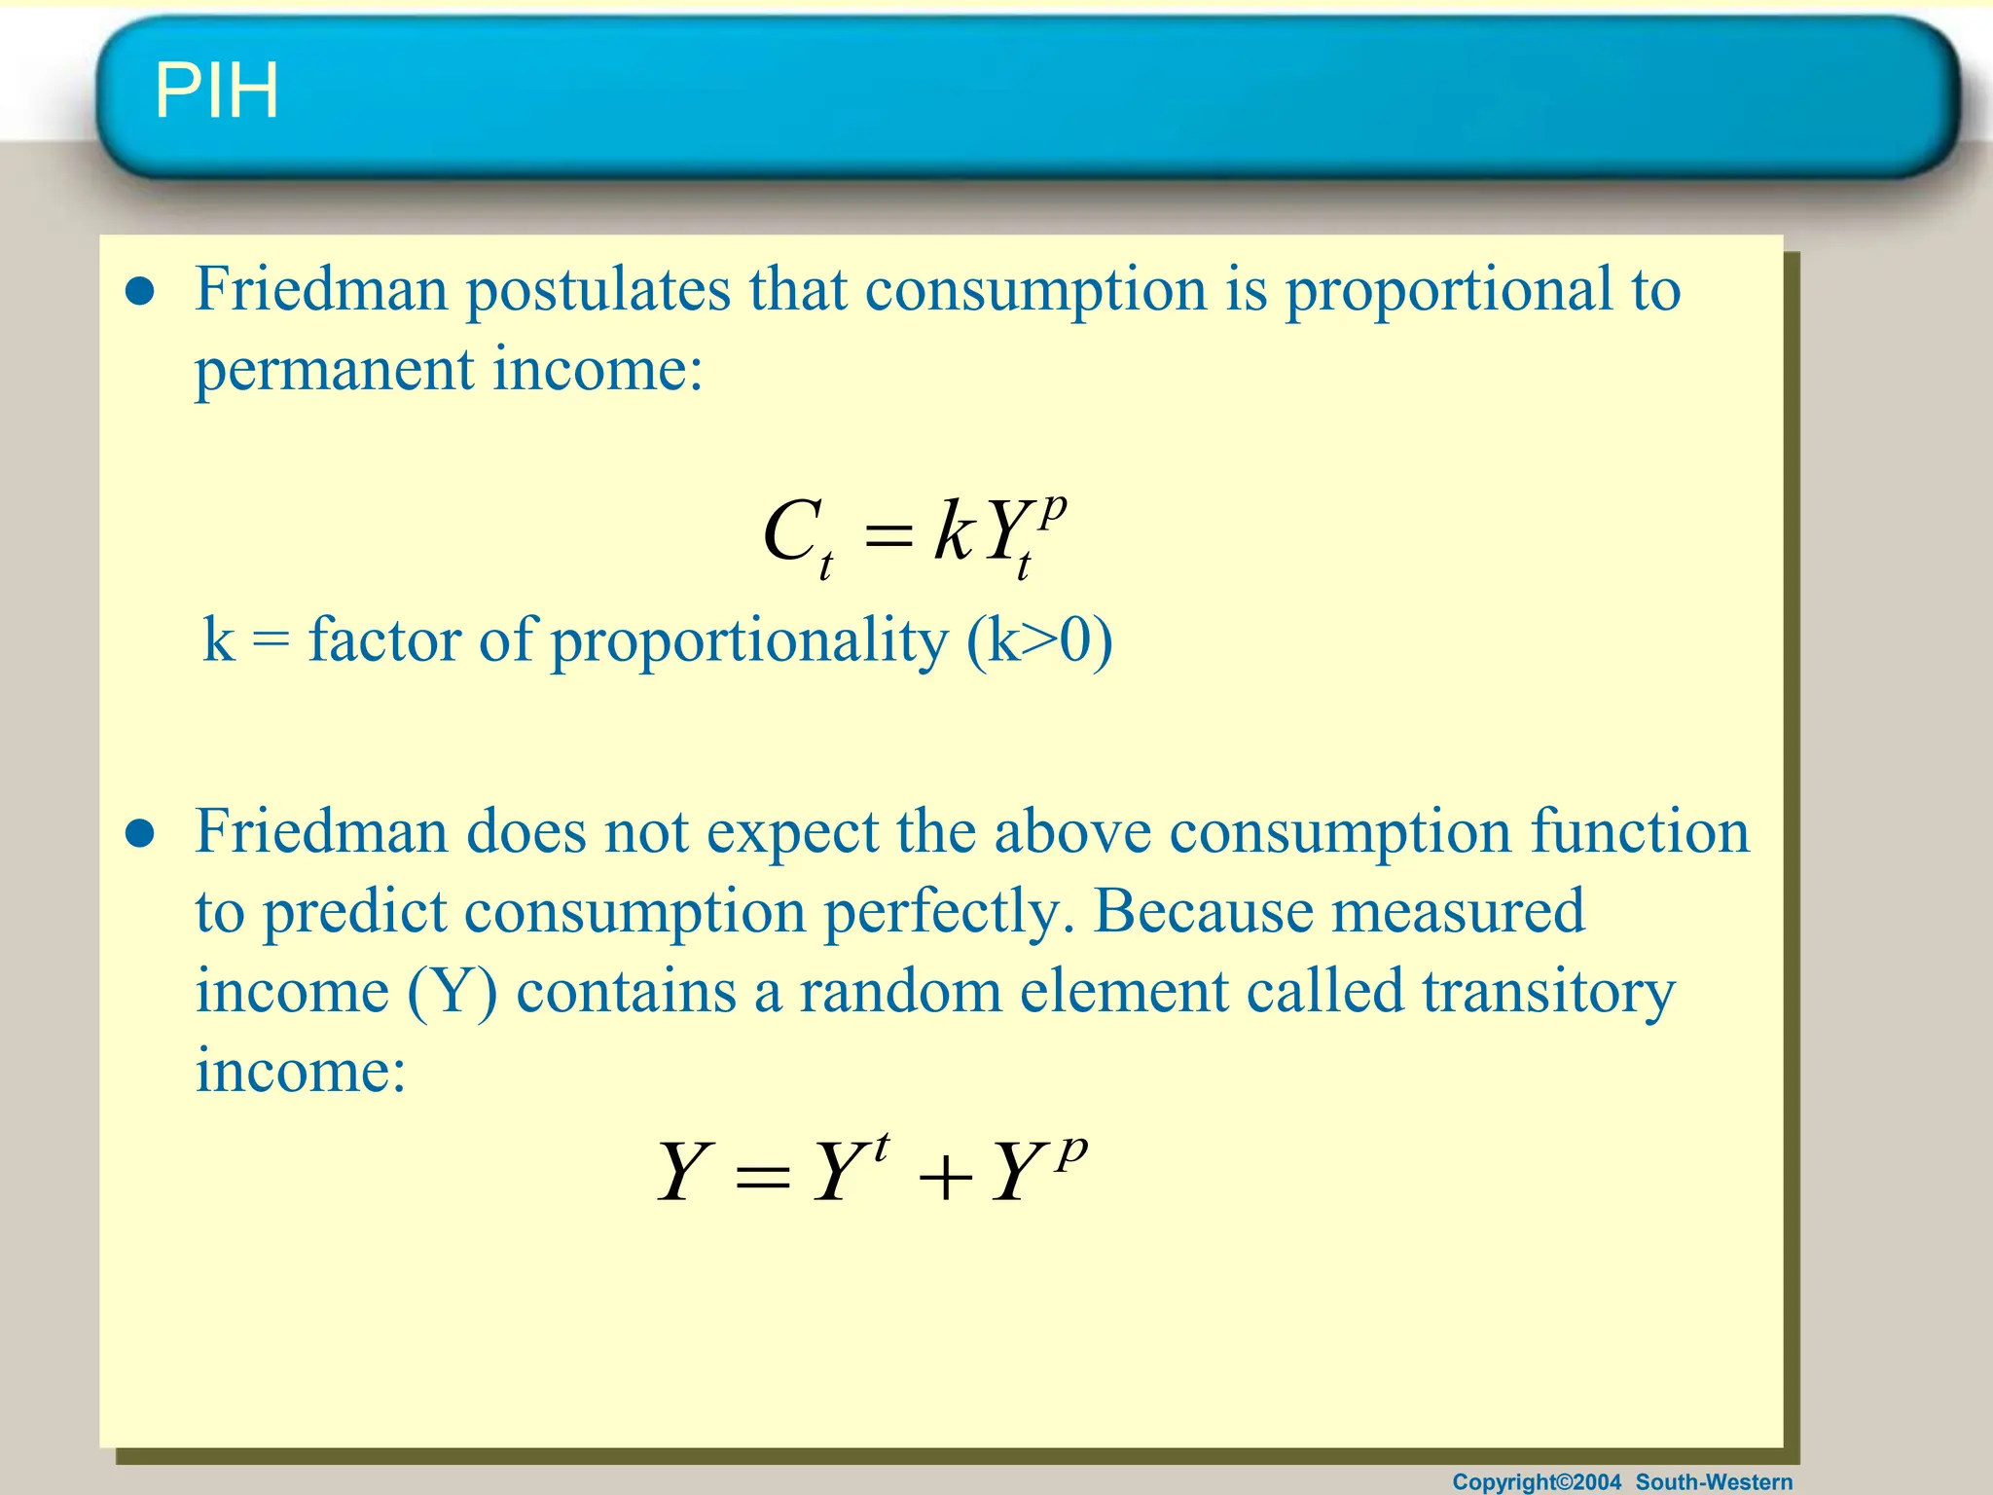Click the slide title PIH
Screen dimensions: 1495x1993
point(216,91)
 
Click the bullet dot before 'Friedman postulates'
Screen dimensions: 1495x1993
point(141,291)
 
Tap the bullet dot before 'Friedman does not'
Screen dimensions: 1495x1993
point(141,834)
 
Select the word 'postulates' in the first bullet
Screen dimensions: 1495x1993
point(598,289)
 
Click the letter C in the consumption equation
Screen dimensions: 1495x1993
point(789,532)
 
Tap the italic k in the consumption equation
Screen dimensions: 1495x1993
point(953,531)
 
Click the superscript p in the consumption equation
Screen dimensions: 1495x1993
point(1052,508)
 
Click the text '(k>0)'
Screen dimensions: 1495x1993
point(1039,641)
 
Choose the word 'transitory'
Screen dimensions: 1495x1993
point(1548,993)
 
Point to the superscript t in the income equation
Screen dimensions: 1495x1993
point(881,1148)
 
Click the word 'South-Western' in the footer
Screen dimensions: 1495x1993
point(1714,1481)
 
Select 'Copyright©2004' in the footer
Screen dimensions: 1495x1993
point(1537,1481)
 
